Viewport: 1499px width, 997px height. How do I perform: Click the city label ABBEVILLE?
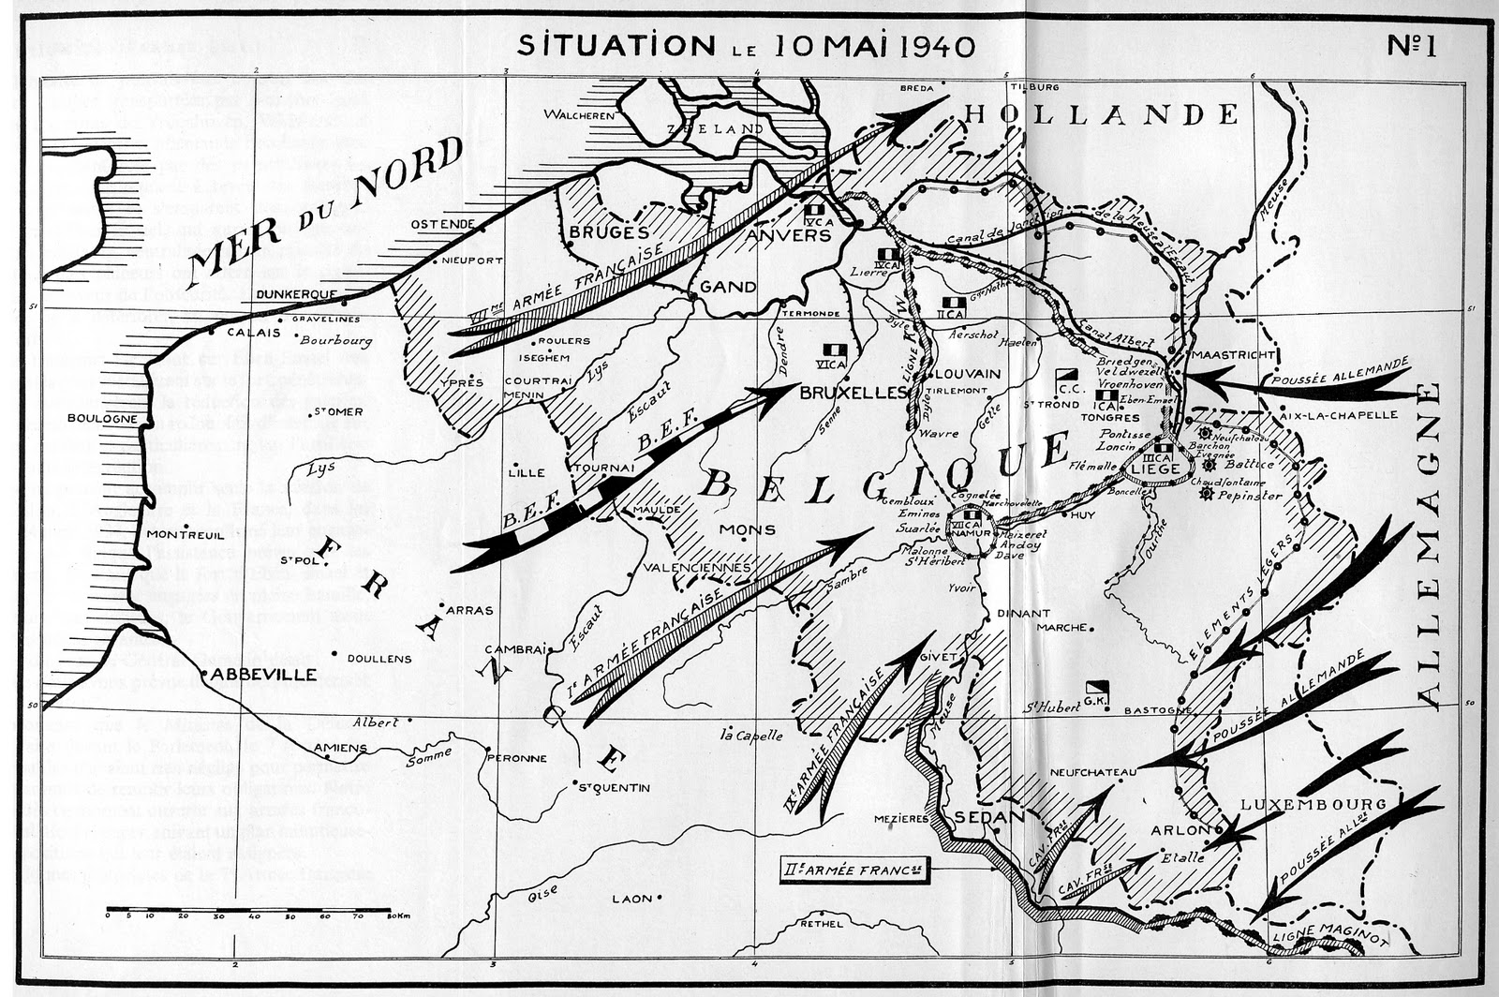[263, 675]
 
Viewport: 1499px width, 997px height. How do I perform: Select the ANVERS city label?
[788, 235]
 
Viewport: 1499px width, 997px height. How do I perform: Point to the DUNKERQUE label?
[296, 294]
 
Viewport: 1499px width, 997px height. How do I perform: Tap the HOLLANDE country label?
[1102, 115]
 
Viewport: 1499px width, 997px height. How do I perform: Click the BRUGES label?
[609, 231]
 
